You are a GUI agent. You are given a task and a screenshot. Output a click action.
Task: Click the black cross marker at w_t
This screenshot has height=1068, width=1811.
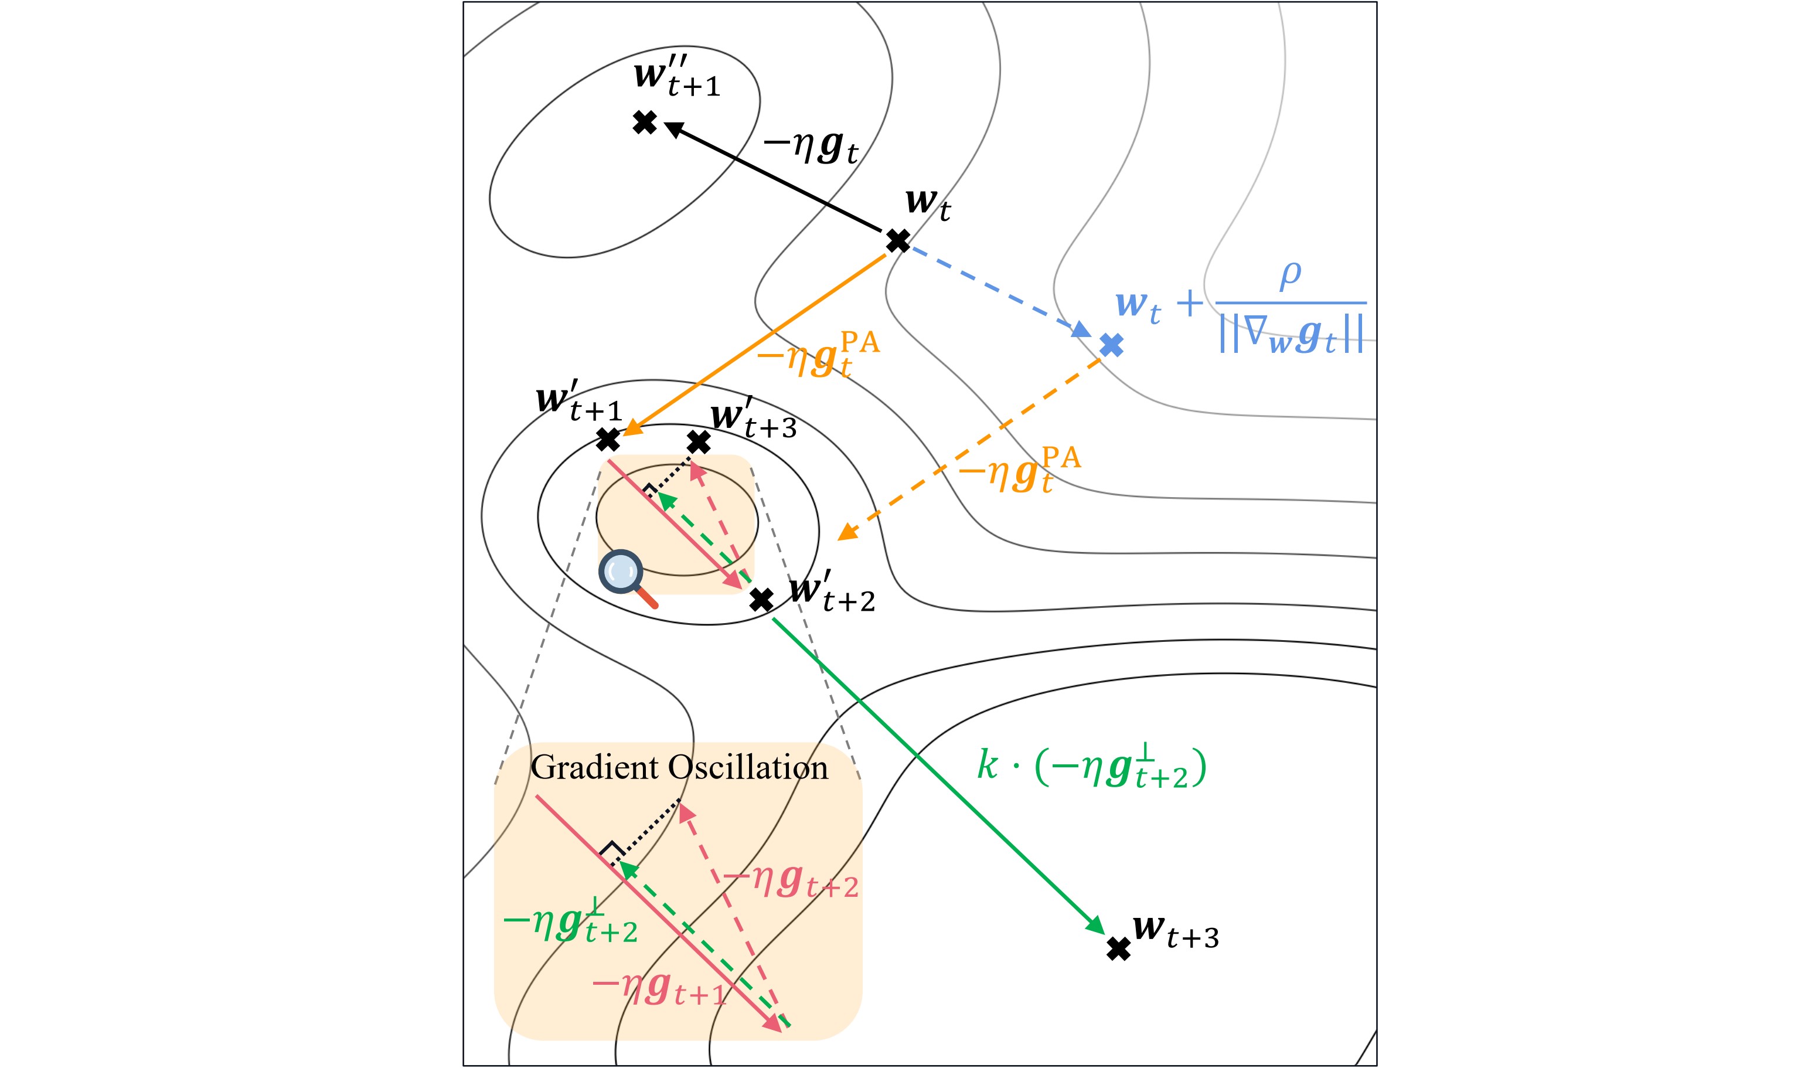[897, 240]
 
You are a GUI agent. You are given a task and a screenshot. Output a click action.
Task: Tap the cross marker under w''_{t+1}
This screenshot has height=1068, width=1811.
[645, 123]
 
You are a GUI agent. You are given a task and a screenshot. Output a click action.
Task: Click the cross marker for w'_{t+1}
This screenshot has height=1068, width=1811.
[608, 439]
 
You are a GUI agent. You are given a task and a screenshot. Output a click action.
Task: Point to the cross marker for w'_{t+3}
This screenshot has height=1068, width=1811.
[698, 442]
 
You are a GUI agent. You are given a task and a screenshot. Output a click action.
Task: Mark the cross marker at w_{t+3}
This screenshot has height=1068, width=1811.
[1118, 949]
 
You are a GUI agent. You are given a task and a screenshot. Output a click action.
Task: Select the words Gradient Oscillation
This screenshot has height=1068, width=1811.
[679, 768]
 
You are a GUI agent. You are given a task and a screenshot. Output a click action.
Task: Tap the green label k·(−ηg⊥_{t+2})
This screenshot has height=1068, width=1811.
[1090, 768]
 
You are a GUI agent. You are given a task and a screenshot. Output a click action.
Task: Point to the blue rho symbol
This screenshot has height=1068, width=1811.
[1290, 275]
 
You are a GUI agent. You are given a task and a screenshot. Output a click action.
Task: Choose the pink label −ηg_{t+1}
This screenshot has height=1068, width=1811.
[658, 989]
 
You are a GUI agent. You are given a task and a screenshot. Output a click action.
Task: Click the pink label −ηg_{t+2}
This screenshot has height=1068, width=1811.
[790, 881]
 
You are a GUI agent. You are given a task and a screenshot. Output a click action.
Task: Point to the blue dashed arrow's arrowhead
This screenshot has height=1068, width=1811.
[1081, 331]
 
